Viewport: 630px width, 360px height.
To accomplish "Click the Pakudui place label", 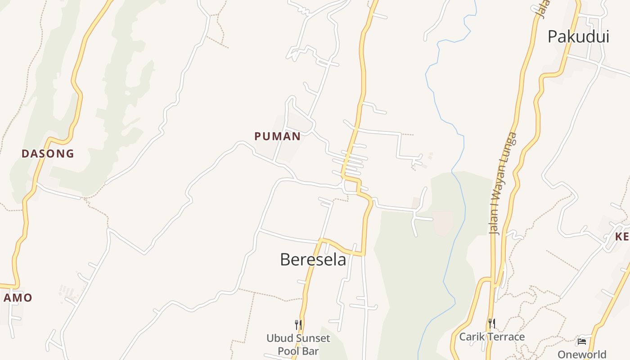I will pyautogui.click(x=578, y=36).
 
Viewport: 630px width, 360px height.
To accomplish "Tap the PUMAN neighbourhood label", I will pyautogui.click(x=278, y=136).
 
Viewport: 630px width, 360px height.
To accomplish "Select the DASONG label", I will pyautogui.click(x=48, y=153).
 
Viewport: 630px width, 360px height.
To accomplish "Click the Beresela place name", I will pyautogui.click(x=313, y=260).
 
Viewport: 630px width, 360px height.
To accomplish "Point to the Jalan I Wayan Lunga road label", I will pyautogui.click(x=503, y=184).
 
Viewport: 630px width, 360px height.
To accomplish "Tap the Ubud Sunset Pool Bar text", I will pyautogui.click(x=298, y=344).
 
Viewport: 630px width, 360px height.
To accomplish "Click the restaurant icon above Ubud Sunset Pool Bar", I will pyautogui.click(x=298, y=324).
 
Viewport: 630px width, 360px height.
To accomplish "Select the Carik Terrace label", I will pyautogui.click(x=492, y=337).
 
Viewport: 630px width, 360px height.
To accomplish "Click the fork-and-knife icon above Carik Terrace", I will pyautogui.click(x=492, y=323).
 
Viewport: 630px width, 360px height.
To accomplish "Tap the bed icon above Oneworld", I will pyautogui.click(x=582, y=342).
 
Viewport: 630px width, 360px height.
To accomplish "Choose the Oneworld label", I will pyautogui.click(x=582, y=354).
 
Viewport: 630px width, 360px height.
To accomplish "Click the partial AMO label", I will pyautogui.click(x=18, y=298).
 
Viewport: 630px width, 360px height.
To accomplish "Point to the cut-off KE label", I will pyautogui.click(x=622, y=237).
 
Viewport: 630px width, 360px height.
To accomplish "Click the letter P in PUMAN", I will pyautogui.click(x=258, y=136).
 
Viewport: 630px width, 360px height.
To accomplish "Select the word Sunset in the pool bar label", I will pyautogui.click(x=311, y=338).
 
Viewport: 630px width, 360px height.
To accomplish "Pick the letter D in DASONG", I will pyautogui.click(x=25, y=153).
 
